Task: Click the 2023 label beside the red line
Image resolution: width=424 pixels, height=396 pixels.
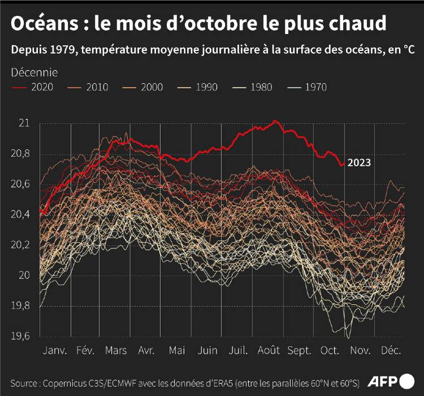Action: (359, 163)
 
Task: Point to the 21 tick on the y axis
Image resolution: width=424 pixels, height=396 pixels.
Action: (24, 123)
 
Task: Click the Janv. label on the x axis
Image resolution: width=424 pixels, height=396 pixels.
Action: (55, 350)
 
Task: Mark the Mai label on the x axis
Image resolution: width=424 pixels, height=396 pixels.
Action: (178, 350)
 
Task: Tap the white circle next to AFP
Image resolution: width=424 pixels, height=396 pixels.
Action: (407, 380)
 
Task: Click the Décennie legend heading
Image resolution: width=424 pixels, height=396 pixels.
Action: (33, 72)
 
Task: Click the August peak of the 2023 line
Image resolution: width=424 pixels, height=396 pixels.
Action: (275, 121)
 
